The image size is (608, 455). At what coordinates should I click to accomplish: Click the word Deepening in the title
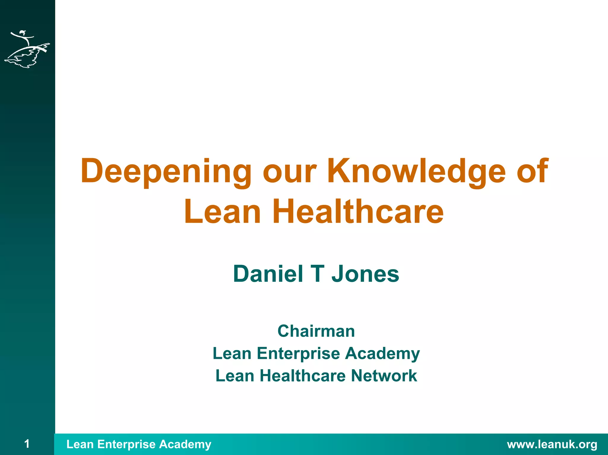166,171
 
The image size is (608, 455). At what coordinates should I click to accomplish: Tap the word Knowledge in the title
416,171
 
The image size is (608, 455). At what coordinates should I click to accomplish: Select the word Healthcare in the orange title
358,211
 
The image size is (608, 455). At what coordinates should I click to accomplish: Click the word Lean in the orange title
222,211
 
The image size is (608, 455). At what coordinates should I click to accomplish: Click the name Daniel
268,274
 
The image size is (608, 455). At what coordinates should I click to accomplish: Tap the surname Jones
365,274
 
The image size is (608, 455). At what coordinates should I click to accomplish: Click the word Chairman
316,331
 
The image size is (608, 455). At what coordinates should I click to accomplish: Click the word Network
384,376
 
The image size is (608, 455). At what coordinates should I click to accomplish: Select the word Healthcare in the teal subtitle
303,376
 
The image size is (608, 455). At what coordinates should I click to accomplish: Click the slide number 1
27,444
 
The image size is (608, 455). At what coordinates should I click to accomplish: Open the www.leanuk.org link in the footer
552,444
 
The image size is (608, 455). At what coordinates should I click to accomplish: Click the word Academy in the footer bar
185,445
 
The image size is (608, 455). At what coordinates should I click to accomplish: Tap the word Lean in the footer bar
80,444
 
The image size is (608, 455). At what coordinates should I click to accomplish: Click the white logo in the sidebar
27,49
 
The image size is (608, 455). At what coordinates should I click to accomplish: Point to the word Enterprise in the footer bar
126,444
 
